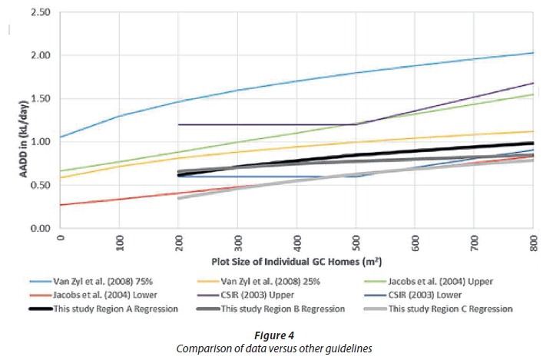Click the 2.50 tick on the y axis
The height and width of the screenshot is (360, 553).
pos(38,13)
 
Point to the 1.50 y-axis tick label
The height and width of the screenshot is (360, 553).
pos(38,99)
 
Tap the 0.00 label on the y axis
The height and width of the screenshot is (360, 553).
pos(38,228)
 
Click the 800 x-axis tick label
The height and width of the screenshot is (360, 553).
pos(533,243)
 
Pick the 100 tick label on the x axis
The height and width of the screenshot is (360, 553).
pos(119,243)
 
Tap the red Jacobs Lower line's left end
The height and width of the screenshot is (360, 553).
pos(61,205)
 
